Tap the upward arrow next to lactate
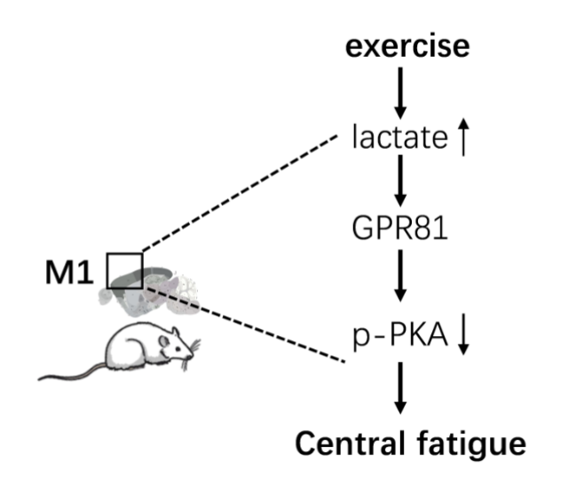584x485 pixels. pos(462,139)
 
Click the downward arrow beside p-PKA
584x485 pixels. pos(462,334)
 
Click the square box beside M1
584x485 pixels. pos(124,270)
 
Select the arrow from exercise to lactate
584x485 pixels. pos(400,91)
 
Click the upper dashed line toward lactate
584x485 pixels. pos(240,194)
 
